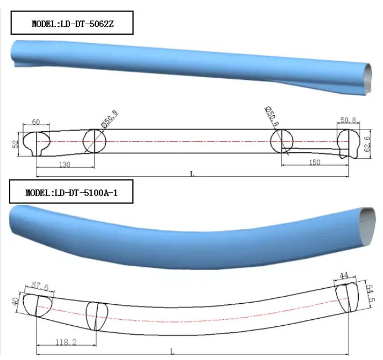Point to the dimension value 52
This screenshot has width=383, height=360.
pos(16,143)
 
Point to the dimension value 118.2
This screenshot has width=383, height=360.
pos(67,342)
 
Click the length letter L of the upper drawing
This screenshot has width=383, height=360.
pos(192,174)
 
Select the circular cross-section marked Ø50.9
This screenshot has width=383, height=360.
pos(94,142)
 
